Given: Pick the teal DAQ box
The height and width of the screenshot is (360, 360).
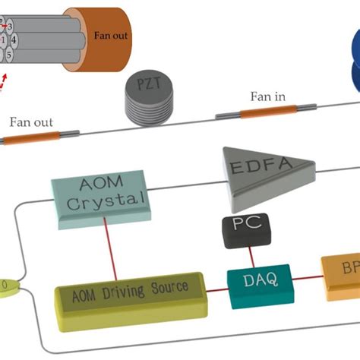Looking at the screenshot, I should [255, 282].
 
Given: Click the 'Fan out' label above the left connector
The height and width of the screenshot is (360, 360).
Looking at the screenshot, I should [33, 121].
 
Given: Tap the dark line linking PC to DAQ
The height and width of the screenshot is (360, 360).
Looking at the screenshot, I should [245, 254].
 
